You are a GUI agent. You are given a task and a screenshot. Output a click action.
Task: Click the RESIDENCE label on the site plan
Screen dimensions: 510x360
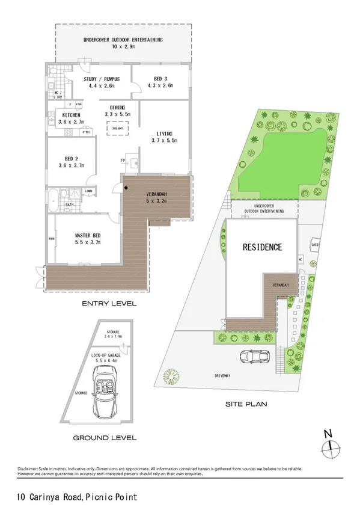pyautogui.click(x=262, y=247)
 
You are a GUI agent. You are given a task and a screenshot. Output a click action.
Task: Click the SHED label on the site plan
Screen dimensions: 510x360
pyautogui.click(x=314, y=245)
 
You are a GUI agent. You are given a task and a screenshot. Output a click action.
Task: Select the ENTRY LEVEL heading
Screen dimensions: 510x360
pyautogui.click(x=109, y=304)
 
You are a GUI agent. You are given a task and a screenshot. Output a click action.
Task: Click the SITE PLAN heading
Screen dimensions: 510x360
pyautogui.click(x=246, y=404)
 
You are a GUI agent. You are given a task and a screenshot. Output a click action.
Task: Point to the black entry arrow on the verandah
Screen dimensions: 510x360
pyautogui.click(x=126, y=188)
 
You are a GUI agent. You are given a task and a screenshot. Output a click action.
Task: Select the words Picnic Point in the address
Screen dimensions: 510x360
pyautogui.click(x=111, y=498)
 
